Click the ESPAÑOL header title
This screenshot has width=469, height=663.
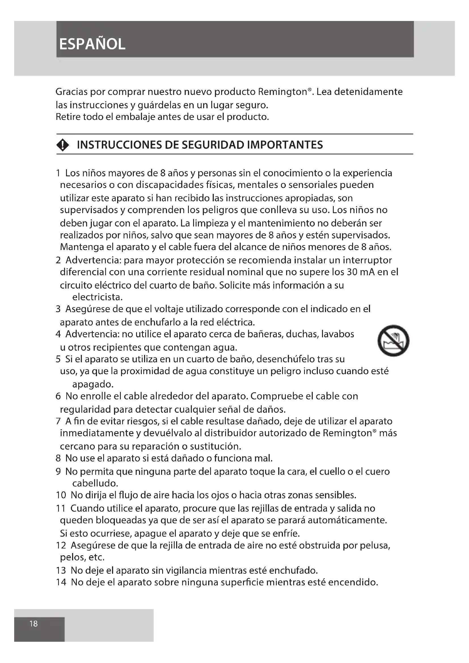92,44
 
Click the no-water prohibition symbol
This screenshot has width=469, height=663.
393,341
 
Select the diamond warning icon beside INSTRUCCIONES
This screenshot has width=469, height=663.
63,145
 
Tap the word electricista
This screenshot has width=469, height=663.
97,297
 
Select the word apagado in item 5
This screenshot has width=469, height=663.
93,384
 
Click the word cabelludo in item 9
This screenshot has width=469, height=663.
95,483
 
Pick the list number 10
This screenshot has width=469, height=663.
61,495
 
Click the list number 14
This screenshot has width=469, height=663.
61,582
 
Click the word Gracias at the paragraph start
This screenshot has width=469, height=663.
71,92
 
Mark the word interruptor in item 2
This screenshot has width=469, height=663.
367,260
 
